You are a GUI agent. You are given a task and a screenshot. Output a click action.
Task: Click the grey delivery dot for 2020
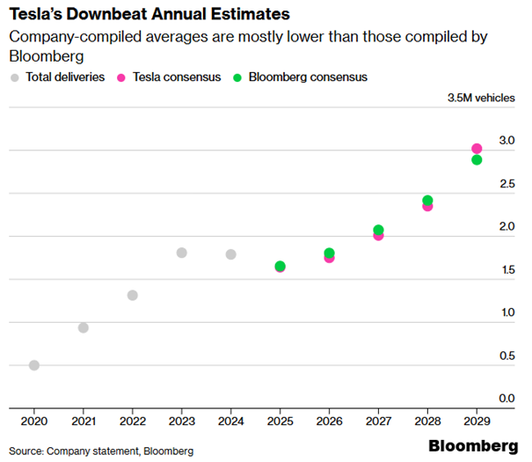pyautogui.click(x=33, y=365)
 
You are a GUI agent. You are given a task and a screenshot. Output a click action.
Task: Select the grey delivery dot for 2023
pyautogui.click(x=181, y=253)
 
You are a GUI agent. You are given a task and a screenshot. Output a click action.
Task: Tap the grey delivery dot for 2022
pyautogui.click(x=132, y=295)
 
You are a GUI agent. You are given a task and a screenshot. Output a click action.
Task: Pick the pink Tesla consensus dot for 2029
pyautogui.click(x=477, y=149)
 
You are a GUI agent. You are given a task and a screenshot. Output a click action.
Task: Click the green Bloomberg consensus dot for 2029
pyautogui.click(x=477, y=160)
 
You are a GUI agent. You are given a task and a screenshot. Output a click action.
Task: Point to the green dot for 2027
pyautogui.click(x=378, y=231)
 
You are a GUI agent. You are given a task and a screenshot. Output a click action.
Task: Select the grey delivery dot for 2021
pyautogui.click(x=83, y=327)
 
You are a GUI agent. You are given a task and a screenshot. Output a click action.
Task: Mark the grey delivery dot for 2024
pyautogui.click(x=230, y=254)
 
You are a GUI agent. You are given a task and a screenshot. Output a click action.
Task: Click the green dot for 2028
pyautogui.click(x=427, y=201)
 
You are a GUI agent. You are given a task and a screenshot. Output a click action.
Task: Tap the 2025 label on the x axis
pyautogui.click(x=280, y=421)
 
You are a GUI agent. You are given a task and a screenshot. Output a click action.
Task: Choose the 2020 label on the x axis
pyautogui.click(x=33, y=421)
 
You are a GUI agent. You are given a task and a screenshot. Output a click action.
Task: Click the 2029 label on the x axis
pyautogui.click(x=477, y=421)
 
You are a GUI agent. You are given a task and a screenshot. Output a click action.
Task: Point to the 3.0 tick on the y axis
pyautogui.click(x=506, y=141)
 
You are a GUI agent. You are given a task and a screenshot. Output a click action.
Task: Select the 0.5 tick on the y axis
pyautogui.click(x=506, y=356)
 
